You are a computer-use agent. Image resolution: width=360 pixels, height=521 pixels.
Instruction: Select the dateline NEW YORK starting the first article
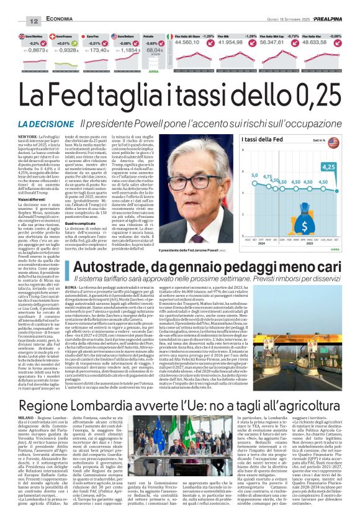25,136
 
